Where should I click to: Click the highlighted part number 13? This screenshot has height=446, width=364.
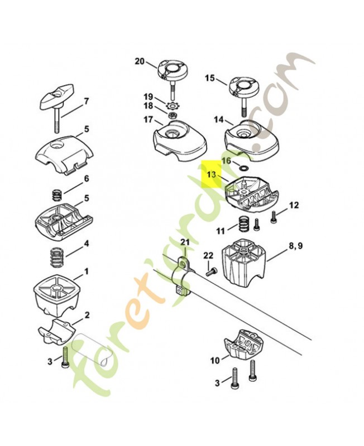(x=210, y=174)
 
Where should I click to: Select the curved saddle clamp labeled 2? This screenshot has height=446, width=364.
(x=58, y=331)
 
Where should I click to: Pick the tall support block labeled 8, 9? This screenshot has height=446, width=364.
(x=243, y=261)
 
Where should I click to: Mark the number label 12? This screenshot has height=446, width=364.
(x=294, y=205)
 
